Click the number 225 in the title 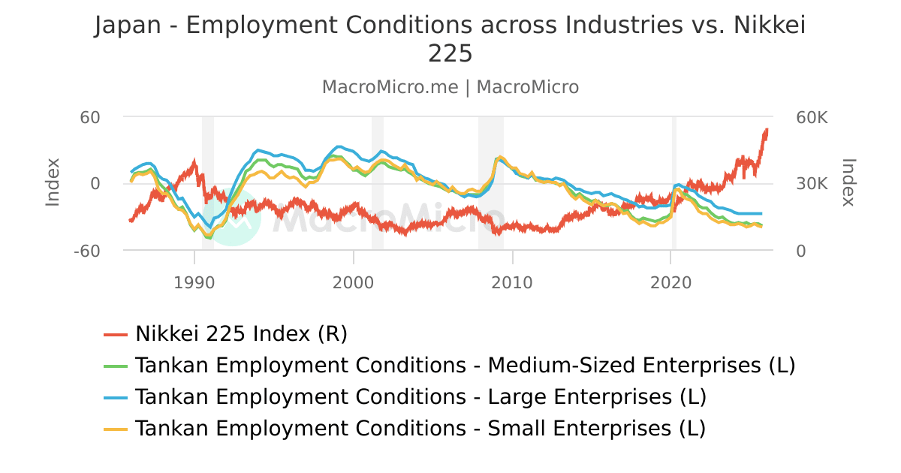(x=450, y=54)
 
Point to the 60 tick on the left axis (x=91, y=118)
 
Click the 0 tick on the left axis (x=95, y=184)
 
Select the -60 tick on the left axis (x=86, y=251)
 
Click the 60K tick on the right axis (x=811, y=118)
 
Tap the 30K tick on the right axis (x=811, y=184)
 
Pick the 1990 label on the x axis (x=194, y=283)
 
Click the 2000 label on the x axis (x=353, y=283)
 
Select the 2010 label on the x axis (x=512, y=283)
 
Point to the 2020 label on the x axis (x=670, y=283)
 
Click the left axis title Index (x=53, y=182)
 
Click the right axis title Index (x=848, y=182)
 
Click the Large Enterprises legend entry (x=420, y=397)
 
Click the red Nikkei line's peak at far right (x=767, y=130)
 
